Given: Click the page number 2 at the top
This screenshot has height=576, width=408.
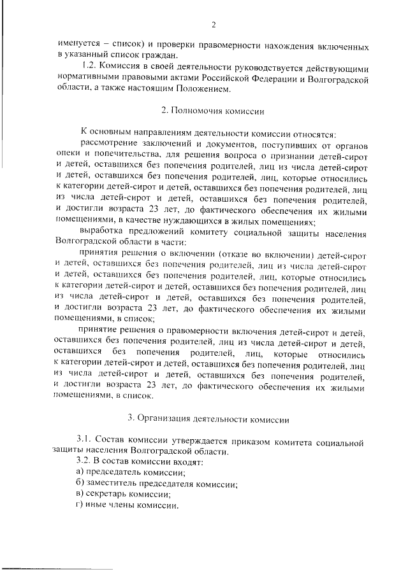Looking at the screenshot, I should point(214,25).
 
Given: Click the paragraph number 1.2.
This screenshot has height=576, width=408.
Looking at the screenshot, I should point(87,67).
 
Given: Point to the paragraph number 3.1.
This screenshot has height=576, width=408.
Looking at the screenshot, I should point(84,440).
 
